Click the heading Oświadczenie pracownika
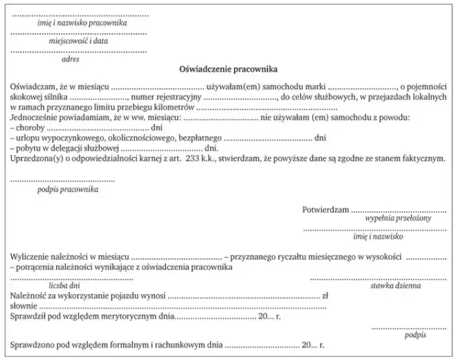[228, 70]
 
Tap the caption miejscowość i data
[79, 41]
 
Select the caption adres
[70, 60]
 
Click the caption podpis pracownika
[67, 188]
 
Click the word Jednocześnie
[34, 118]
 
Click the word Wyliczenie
[30, 257]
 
